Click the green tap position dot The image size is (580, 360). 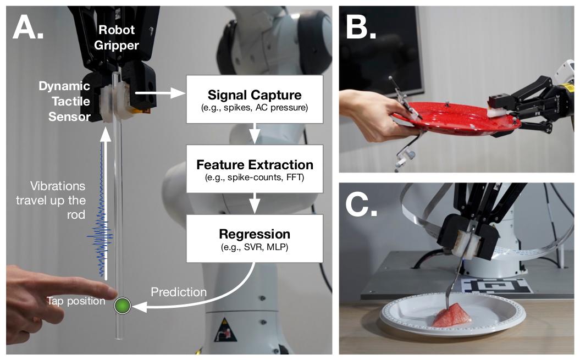[x=121, y=306]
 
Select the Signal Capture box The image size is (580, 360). [x=254, y=99]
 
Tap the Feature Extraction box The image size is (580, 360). [x=254, y=169]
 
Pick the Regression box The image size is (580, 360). [x=254, y=239]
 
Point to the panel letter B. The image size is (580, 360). [x=361, y=26]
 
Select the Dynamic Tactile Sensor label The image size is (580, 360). [x=64, y=101]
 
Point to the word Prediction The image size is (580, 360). [x=179, y=292]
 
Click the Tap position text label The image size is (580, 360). [x=76, y=301]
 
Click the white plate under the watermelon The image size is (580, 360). [x=407, y=319]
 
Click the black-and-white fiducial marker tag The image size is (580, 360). [x=498, y=286]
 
